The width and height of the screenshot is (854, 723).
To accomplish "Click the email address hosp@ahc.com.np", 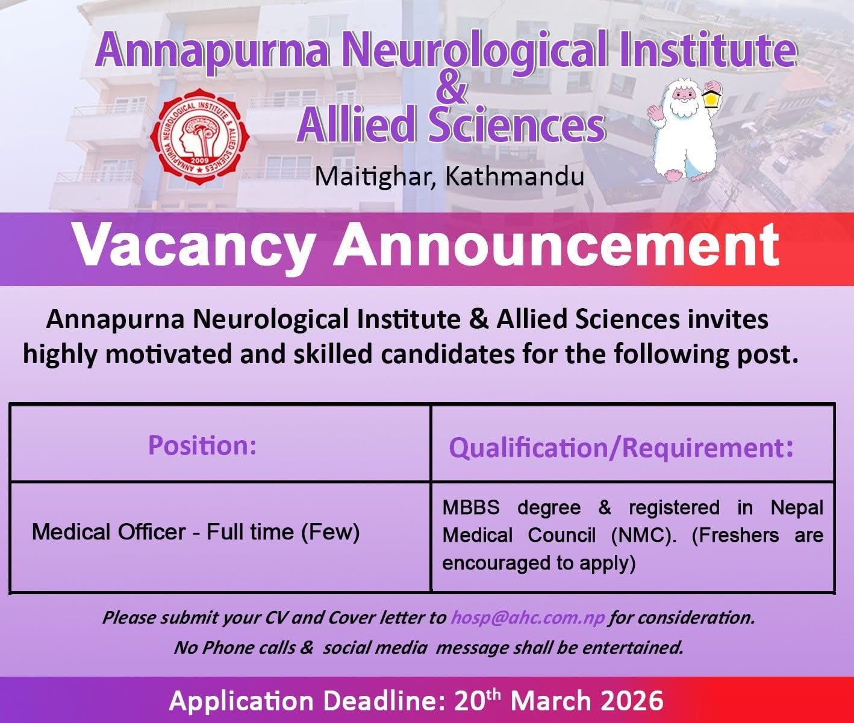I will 528,618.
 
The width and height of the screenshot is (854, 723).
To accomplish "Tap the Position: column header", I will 202,445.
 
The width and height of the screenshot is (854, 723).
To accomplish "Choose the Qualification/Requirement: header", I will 621,447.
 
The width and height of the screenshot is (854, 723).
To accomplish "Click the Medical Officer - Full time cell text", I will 195,532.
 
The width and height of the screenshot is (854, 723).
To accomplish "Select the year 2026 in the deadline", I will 632,701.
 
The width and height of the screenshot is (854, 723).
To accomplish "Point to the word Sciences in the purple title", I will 517,126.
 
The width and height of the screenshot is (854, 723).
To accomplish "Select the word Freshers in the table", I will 735,535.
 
